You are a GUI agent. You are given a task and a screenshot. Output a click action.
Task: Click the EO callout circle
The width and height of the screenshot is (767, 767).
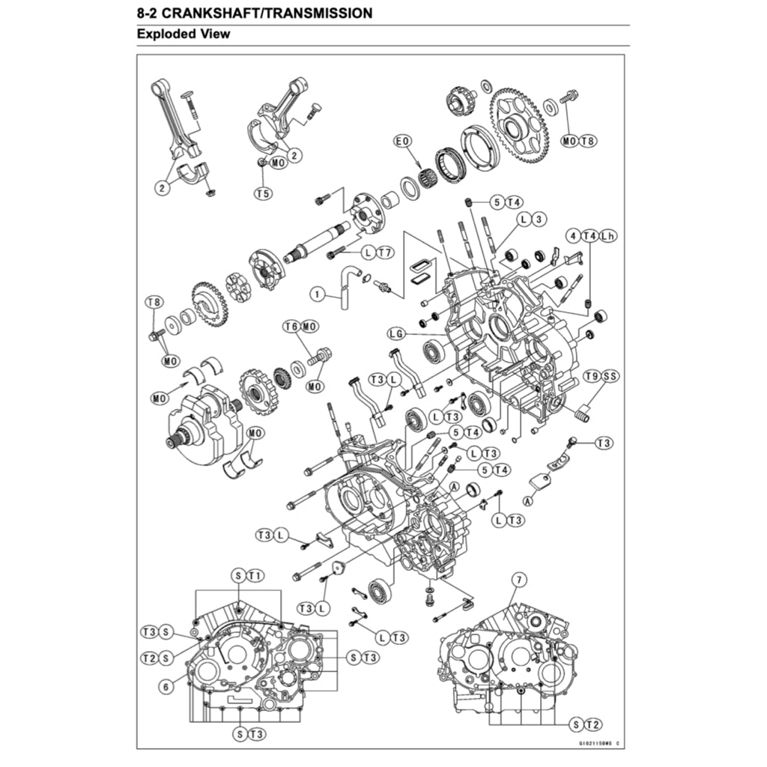402,141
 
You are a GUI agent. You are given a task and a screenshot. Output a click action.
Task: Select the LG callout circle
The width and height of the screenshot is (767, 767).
397,333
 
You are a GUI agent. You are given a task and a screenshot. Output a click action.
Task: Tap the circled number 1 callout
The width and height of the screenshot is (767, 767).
318,295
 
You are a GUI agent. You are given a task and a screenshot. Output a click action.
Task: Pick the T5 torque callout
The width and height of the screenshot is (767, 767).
261,193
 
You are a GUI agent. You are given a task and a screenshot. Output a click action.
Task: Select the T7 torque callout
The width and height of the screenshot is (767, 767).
385,253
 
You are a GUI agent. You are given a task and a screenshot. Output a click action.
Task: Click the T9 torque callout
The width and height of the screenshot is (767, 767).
592,376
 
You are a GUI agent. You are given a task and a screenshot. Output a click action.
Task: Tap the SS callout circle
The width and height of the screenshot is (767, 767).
608,376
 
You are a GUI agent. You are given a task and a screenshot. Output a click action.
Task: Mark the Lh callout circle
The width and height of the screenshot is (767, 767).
607,236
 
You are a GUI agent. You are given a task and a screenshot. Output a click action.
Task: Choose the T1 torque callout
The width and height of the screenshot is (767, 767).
255,575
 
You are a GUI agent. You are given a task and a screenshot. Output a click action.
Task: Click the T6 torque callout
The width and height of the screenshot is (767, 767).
291,327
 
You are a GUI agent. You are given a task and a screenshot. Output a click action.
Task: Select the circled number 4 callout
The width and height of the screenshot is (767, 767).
574,236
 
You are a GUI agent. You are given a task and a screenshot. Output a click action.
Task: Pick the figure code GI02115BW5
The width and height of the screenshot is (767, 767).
594,743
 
